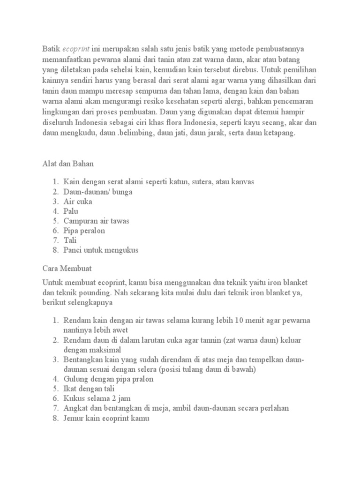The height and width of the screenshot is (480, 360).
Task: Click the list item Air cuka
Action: point(78,202)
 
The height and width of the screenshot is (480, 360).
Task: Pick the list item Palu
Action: point(71,211)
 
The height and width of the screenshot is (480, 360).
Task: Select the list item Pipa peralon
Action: point(84,231)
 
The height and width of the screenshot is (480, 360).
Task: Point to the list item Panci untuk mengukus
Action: point(101,250)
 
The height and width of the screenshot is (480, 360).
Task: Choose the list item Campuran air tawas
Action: point(96,221)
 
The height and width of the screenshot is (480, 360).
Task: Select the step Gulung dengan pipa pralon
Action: point(108,379)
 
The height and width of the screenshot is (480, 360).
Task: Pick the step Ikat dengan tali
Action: point(89,389)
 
